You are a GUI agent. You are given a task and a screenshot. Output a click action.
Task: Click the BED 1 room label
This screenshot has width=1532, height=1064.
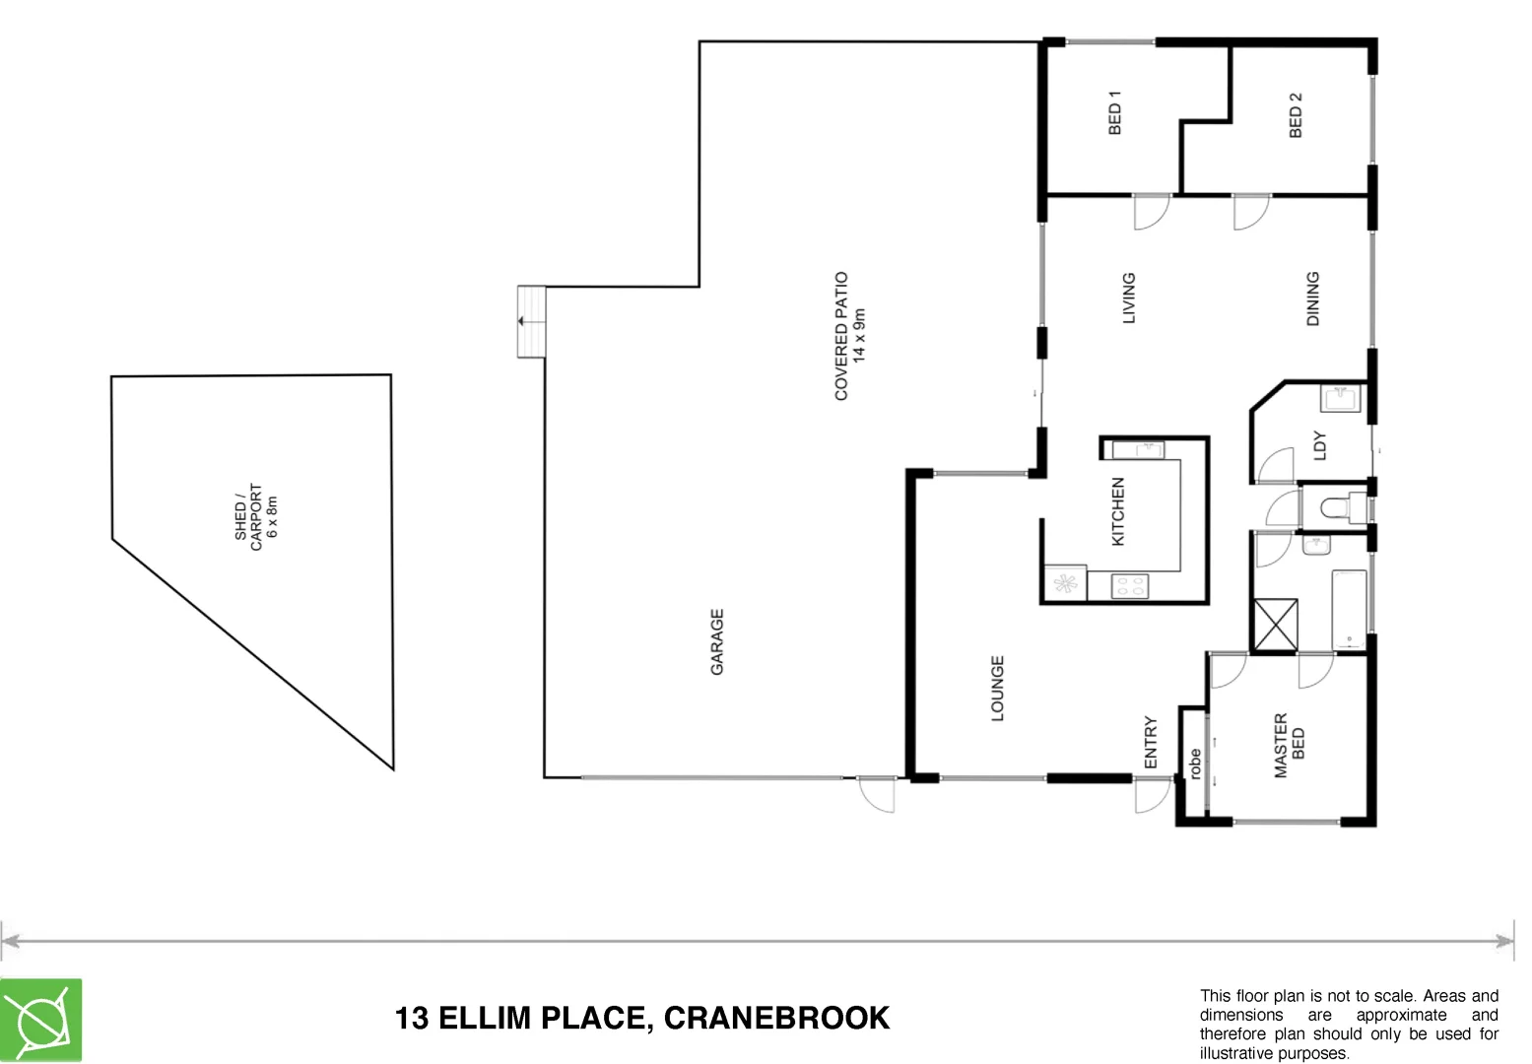tap(1114, 113)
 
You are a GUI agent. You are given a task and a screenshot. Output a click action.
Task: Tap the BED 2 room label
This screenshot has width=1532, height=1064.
tap(1296, 115)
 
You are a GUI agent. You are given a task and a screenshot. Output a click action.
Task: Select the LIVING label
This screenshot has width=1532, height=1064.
tap(1129, 298)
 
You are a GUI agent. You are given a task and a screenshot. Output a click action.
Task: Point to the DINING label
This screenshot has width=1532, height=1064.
tap(1312, 299)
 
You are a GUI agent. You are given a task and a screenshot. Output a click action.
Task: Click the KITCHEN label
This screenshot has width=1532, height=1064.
tap(1118, 512)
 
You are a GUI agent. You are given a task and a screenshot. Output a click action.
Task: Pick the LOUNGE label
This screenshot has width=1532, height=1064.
tap(997, 689)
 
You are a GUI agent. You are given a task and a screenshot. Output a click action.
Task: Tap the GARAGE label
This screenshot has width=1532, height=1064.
tap(717, 641)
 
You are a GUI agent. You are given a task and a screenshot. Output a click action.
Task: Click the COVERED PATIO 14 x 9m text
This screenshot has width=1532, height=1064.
tap(849, 336)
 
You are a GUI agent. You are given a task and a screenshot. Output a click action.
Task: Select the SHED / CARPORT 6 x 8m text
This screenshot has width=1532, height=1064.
tap(256, 517)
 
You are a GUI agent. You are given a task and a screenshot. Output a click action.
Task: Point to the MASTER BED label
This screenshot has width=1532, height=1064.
tap(1289, 746)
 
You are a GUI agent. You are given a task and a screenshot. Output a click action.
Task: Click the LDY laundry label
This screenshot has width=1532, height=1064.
tap(1320, 445)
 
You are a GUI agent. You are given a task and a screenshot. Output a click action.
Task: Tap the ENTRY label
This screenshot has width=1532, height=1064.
tap(1151, 742)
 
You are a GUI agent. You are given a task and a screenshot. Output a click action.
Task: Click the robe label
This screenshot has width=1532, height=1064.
tap(1194, 765)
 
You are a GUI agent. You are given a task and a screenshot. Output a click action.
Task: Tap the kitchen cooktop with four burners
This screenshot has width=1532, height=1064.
tap(1129, 587)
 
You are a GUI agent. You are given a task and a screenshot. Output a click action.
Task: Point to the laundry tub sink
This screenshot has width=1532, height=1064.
tap(1340, 399)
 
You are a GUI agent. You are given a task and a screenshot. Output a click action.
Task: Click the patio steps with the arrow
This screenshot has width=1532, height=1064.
tap(531, 321)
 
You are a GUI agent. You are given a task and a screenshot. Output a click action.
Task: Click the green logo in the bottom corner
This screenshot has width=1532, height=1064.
tap(41, 1021)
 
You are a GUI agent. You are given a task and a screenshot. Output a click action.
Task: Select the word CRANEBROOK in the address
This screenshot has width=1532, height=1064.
tap(777, 1018)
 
